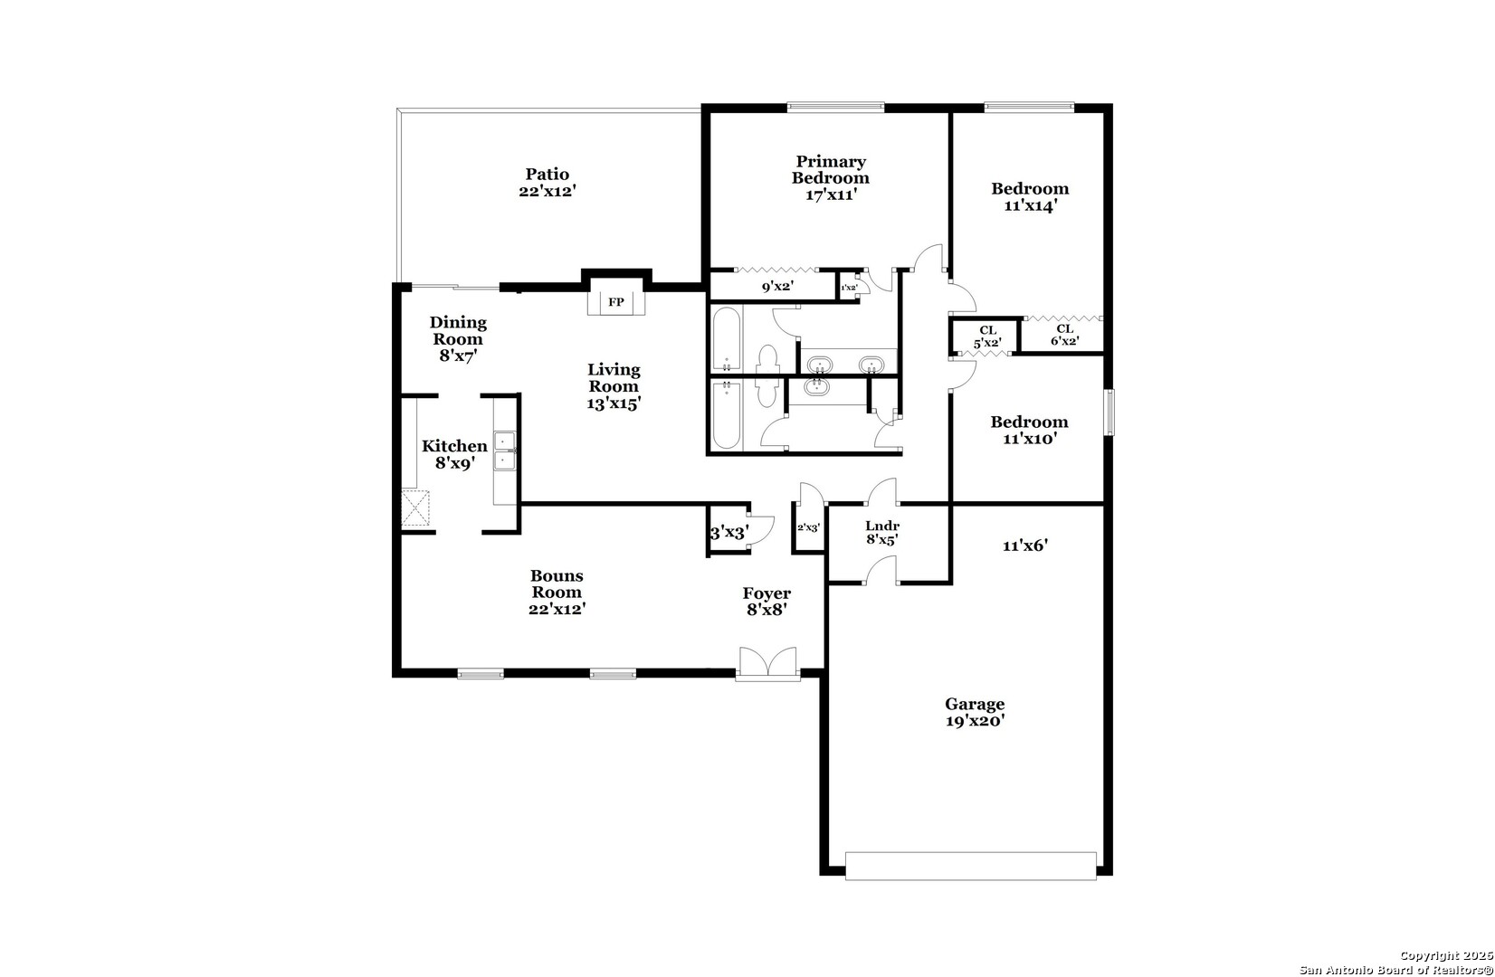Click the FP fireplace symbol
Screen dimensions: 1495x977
[616, 302]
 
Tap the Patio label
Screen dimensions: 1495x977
[548, 175]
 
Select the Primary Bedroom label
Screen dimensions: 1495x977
[831, 169]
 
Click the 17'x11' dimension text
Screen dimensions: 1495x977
[831, 194]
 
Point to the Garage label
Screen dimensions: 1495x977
[975, 704]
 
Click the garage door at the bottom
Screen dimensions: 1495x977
[970, 866]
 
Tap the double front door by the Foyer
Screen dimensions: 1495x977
[767, 663]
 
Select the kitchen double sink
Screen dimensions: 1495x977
[505, 451]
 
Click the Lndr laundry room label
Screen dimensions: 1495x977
[882, 526]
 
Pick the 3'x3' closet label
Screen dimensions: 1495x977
[729, 533]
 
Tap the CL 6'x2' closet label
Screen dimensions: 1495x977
[1065, 335]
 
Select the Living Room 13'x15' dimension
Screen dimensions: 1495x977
[614, 403]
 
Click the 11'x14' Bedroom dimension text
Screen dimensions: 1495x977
[1031, 205]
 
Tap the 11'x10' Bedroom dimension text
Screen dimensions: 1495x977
[1030, 439]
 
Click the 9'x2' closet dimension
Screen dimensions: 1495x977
[777, 286]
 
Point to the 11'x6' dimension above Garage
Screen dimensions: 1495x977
[1025, 545]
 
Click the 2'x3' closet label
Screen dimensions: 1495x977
[808, 527]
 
